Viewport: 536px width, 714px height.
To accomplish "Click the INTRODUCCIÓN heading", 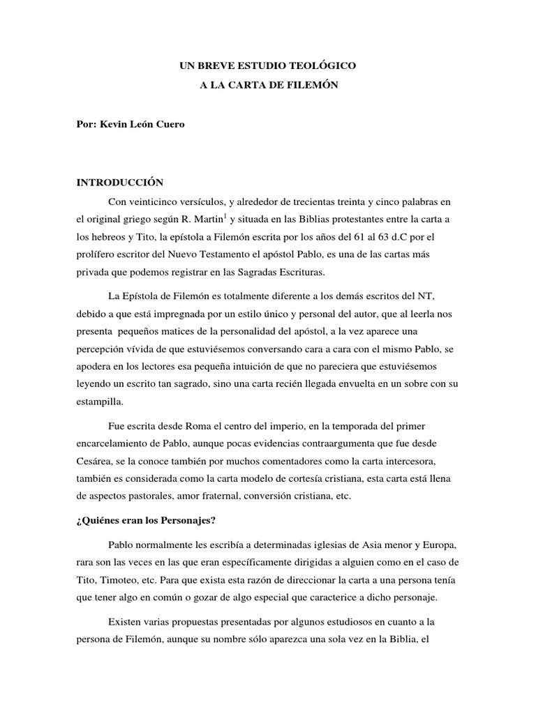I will pos(120,183).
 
